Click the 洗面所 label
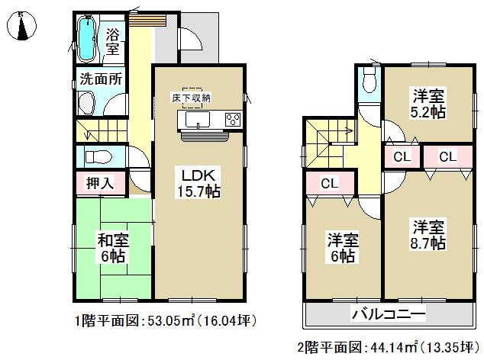click(x=98, y=79)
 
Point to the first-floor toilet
click(x=98, y=156)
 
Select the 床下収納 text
click(x=191, y=97)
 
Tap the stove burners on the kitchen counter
click(x=231, y=120)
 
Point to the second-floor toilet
click(x=369, y=79)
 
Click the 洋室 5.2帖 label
click(x=431, y=104)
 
